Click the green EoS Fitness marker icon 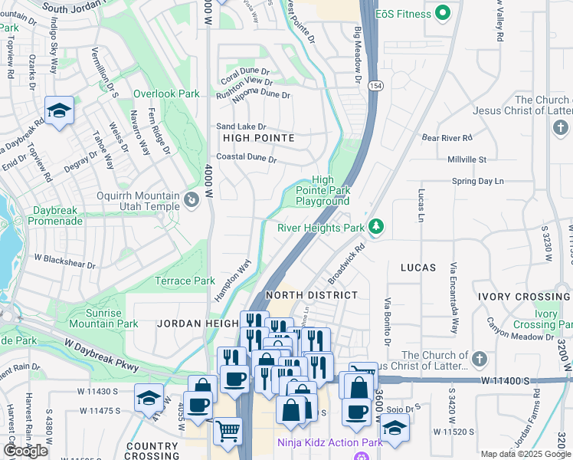(x=442, y=13)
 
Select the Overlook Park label (x=166, y=94)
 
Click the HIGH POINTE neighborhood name (x=258, y=138)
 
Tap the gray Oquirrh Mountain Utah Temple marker (x=191, y=201)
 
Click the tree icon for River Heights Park (x=375, y=227)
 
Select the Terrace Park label (x=185, y=281)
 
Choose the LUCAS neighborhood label (x=417, y=268)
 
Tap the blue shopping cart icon (x=228, y=432)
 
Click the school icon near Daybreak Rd (x=59, y=111)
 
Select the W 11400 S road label (x=506, y=380)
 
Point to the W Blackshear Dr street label (x=64, y=265)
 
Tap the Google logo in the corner (x=26, y=451)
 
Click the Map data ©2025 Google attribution (x=525, y=454)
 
